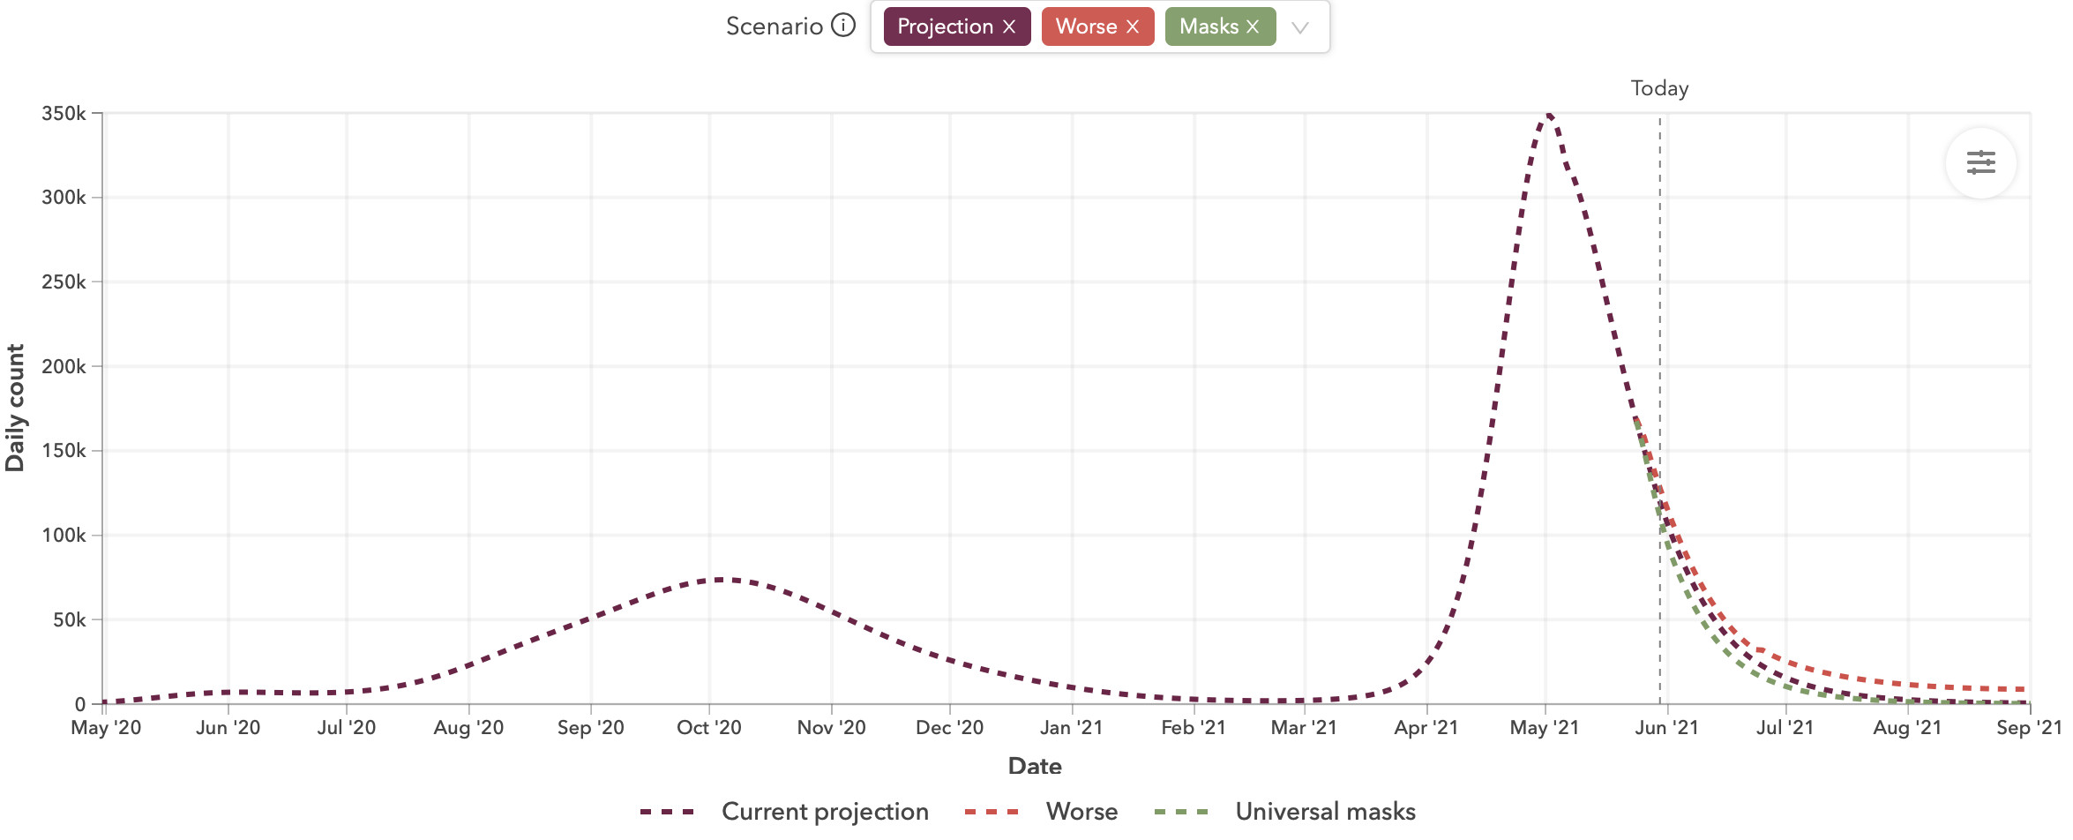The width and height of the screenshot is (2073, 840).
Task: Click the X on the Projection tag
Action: click(1009, 27)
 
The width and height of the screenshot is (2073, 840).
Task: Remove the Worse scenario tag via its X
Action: click(1133, 27)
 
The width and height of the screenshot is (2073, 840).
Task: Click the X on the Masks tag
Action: click(1253, 27)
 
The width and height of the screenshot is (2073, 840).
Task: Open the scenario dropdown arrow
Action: click(1299, 27)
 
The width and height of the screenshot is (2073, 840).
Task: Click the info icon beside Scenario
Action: click(843, 26)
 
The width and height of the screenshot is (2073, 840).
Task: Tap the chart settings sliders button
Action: click(1980, 163)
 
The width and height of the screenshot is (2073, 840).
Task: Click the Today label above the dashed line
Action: click(1659, 88)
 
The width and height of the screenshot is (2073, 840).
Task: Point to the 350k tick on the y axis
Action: click(64, 114)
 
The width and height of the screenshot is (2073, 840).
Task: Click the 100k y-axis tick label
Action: click(64, 536)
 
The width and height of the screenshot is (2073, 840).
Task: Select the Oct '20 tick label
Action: click(709, 728)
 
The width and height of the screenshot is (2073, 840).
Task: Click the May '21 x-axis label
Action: click(1544, 728)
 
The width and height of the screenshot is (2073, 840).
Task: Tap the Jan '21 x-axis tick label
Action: click(1071, 728)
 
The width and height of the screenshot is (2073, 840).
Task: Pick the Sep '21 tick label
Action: click(2028, 728)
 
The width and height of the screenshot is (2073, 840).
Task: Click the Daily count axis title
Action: click(15, 408)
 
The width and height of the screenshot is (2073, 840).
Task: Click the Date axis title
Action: click(1035, 766)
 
